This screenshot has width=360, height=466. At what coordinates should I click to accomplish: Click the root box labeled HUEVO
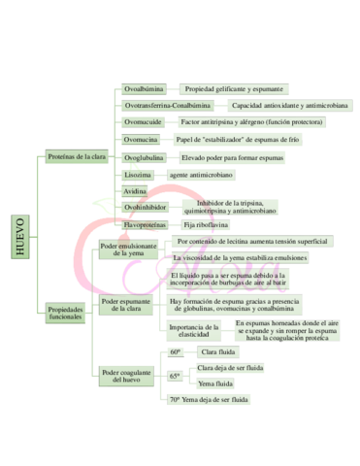pos(21,236)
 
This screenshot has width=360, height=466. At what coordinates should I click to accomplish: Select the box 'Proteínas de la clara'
pos(78,156)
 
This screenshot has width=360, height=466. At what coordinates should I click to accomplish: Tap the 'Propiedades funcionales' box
pos(67,313)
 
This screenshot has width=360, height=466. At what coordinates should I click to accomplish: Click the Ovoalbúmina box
pos(146,88)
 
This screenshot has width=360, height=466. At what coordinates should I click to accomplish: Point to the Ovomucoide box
pos(144,122)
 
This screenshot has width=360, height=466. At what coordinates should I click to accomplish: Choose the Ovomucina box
pos(142,140)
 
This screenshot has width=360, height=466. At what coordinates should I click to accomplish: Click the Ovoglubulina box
pos(146,157)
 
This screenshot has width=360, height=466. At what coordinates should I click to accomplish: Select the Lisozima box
pos(139,175)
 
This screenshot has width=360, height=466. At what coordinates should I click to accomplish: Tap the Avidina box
pos(137,191)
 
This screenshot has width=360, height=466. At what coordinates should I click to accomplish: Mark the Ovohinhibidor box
pos(147,207)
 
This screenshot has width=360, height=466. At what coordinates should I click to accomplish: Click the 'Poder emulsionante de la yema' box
pos(128,250)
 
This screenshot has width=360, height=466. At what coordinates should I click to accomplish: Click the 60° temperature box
pos(176,351)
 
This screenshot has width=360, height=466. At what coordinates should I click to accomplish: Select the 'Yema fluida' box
pos(216,383)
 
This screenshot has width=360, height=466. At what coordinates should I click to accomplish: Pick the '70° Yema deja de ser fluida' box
pos(210,400)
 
